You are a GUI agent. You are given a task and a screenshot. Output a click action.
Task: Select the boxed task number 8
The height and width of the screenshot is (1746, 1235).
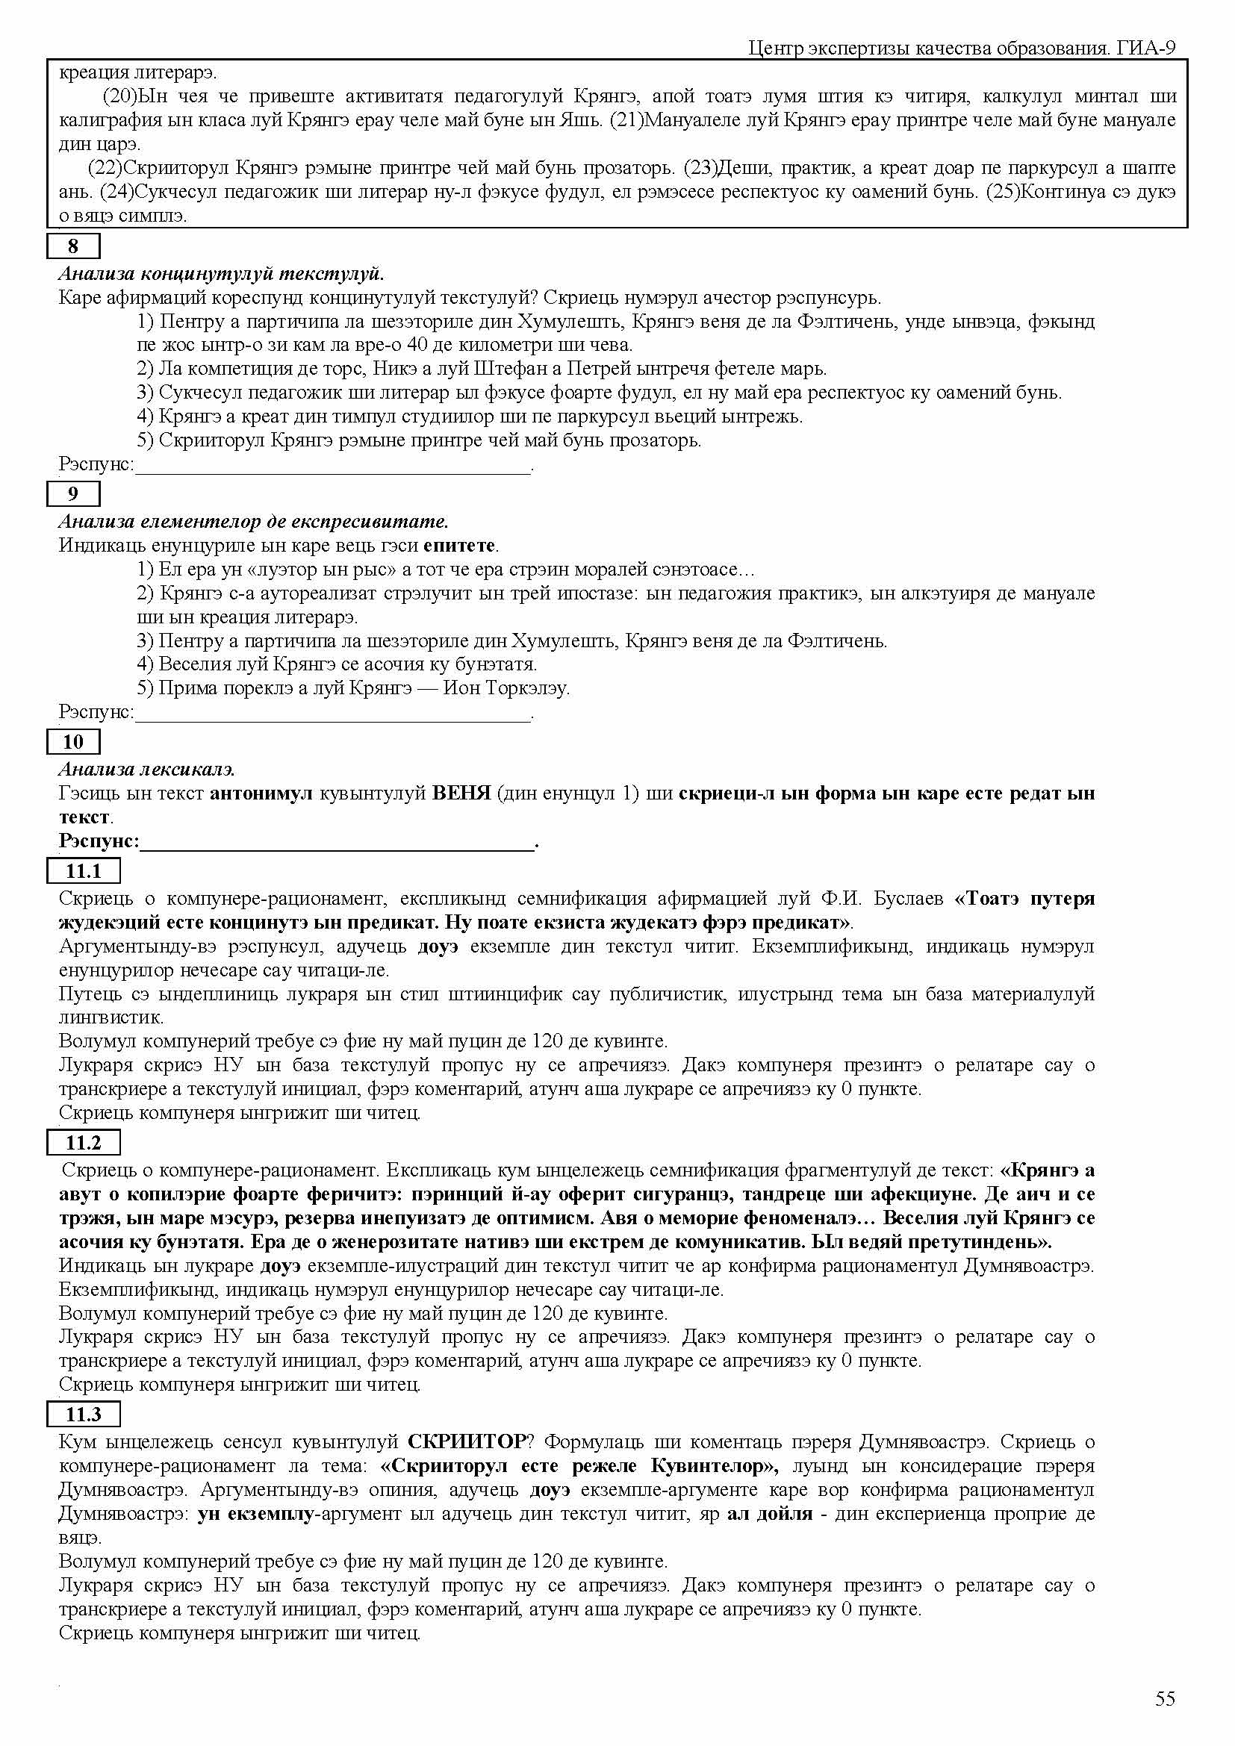coord(73,246)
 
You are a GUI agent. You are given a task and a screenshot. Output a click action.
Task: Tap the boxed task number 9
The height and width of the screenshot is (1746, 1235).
coord(73,494)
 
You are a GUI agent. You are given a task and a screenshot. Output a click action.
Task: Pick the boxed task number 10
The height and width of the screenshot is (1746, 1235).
coord(73,741)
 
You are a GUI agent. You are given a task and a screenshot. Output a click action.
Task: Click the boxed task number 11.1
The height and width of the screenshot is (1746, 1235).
coord(83,870)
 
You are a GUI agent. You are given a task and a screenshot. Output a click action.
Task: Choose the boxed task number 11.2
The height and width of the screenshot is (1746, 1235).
coord(83,1143)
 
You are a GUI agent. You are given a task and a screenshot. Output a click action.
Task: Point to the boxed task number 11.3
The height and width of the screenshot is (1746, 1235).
coord(83,1415)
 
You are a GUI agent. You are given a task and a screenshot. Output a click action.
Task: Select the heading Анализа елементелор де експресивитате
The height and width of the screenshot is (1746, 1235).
coord(253,522)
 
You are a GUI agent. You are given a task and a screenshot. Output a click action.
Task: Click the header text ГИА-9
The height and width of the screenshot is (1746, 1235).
coord(1146,49)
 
